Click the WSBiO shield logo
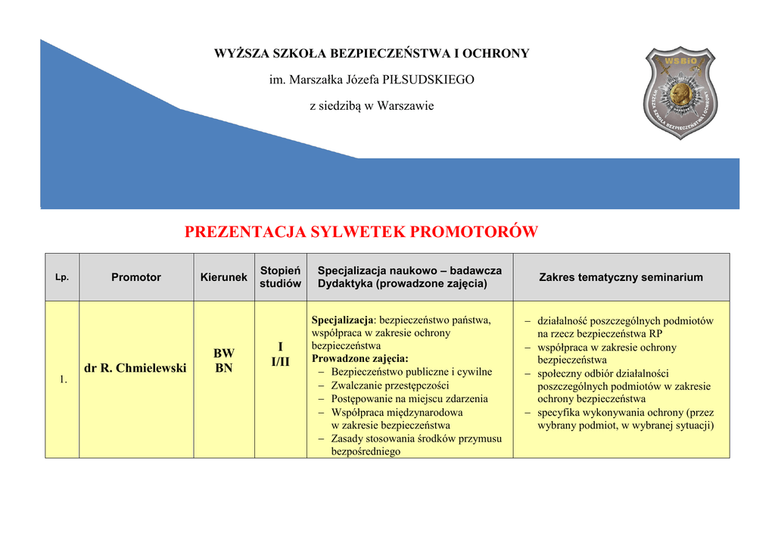[x=680, y=92]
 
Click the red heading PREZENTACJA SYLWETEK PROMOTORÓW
[x=361, y=232]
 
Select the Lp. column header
[x=62, y=277]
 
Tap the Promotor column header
[x=136, y=277]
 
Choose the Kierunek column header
[x=223, y=277]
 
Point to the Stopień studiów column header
[x=280, y=277]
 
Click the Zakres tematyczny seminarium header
[x=621, y=277]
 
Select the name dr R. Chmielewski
[x=135, y=368]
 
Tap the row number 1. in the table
[x=64, y=379]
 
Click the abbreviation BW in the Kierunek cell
[x=223, y=354]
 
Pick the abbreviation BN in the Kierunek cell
[x=223, y=368]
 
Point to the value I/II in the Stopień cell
[x=280, y=362]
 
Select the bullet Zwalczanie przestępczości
[x=390, y=385]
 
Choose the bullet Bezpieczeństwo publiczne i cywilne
[x=411, y=372]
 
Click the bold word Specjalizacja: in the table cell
[x=343, y=320]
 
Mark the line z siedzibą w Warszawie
[x=372, y=106]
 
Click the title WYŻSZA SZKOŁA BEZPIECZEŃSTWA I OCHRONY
[x=372, y=53]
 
